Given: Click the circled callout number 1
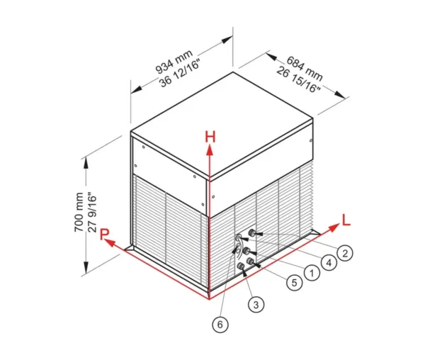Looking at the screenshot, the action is pos(312,273).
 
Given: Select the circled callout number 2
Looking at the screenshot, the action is pos(345,253).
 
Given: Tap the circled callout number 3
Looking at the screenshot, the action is pos(256,305).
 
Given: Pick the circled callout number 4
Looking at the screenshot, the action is pos(329,262).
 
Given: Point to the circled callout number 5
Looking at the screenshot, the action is pos(295,283).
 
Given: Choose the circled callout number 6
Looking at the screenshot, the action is pos(220,325).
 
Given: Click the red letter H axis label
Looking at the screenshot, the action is pos(210,137).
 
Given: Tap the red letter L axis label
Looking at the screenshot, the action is pos(346,220).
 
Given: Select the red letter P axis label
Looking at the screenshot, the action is pos(104,235).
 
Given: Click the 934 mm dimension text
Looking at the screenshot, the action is pos(174,62).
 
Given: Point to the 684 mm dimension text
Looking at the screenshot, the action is pos(305,68).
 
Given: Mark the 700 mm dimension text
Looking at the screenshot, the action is pos(79,212).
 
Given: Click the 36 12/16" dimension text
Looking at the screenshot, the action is pos(180,73).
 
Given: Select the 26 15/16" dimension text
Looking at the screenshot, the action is pos(299,79).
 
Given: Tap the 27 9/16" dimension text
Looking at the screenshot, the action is pos(92,212).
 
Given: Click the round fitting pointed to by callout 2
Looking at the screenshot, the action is pos(251,232).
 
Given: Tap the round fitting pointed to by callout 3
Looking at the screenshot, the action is pos(240,266).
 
